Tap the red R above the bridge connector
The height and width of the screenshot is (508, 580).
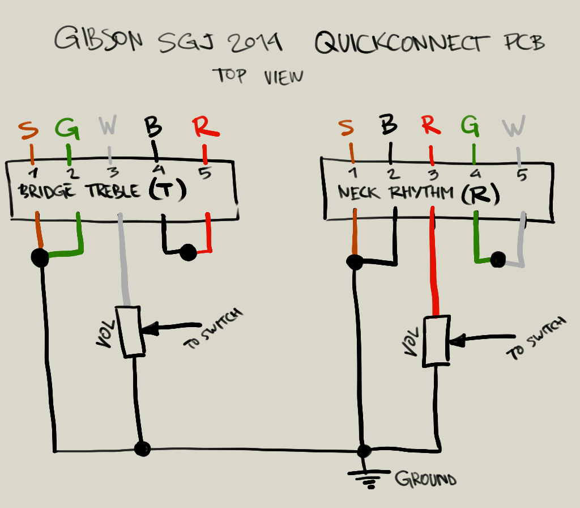coord(205,128)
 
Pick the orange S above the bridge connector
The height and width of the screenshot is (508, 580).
coord(29,130)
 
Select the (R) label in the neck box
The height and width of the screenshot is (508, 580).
coord(480,194)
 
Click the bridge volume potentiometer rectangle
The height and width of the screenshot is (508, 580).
coord(128,332)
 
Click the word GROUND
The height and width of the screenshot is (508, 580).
coord(425,480)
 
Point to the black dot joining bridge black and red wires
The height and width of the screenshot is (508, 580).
coord(188,253)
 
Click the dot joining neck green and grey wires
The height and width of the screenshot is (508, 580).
coord(498,260)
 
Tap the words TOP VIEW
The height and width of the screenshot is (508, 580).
coord(258,77)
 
